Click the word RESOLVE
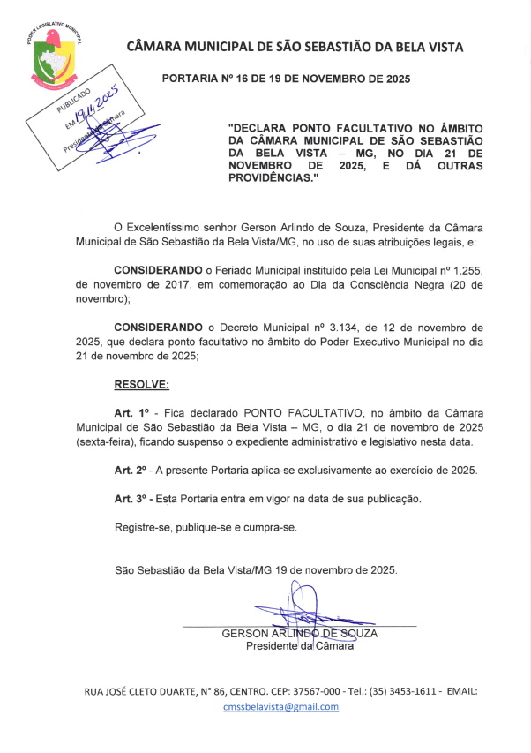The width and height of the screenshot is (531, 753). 141,384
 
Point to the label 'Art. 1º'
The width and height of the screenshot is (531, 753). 131,412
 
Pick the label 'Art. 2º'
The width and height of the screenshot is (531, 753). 131,470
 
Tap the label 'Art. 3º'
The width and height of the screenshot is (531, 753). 131,499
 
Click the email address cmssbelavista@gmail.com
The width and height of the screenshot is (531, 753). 281,706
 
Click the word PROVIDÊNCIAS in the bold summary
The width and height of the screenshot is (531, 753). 269,177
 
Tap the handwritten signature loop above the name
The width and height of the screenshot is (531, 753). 301,600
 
